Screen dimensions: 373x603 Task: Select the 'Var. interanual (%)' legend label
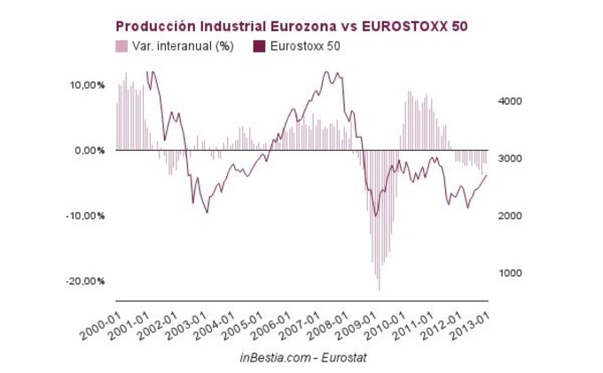[x=184, y=46]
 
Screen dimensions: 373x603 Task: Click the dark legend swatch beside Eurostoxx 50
[x=259, y=46]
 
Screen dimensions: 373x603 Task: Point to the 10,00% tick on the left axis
[x=87, y=85]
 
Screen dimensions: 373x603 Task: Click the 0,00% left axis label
[x=90, y=150]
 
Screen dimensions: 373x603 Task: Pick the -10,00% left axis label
[x=86, y=216]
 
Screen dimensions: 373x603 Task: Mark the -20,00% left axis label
[x=86, y=281]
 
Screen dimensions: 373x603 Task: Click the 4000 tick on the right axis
[x=508, y=101]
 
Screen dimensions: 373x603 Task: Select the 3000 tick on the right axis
[x=508, y=158]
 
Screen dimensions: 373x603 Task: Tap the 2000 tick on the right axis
[x=508, y=216]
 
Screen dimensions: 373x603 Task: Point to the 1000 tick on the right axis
[x=508, y=273]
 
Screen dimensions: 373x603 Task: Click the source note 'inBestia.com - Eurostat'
[x=301, y=356]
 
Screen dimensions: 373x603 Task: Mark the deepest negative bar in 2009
[x=379, y=290]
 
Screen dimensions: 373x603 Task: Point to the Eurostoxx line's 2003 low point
[x=207, y=212]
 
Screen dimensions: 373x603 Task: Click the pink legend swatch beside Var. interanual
[x=121, y=46]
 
